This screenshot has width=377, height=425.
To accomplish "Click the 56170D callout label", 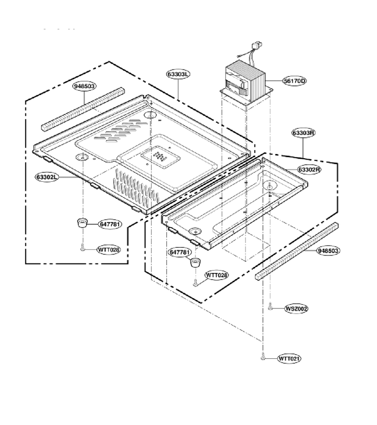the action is click(x=295, y=81).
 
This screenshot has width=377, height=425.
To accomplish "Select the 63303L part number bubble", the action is click(x=178, y=74).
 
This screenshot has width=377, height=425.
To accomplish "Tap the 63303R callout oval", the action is click(x=303, y=133).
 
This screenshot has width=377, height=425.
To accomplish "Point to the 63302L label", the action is click(x=47, y=177).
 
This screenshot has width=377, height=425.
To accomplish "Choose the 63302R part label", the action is click(x=310, y=170).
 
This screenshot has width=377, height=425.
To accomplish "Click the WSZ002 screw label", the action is click(x=296, y=308).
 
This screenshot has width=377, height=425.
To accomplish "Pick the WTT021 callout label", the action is click(x=289, y=358).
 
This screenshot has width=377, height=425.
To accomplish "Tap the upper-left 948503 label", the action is click(x=84, y=86).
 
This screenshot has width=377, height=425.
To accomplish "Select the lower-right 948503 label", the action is click(x=328, y=251).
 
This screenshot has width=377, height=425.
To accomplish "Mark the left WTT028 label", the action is click(x=109, y=250).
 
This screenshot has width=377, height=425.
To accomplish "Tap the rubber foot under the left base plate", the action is click(x=82, y=223).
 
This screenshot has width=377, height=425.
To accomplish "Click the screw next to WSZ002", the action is click(x=270, y=307).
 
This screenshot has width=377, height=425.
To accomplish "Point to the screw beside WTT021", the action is click(x=262, y=357).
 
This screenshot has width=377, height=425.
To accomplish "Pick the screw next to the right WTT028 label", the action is click(x=195, y=283).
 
